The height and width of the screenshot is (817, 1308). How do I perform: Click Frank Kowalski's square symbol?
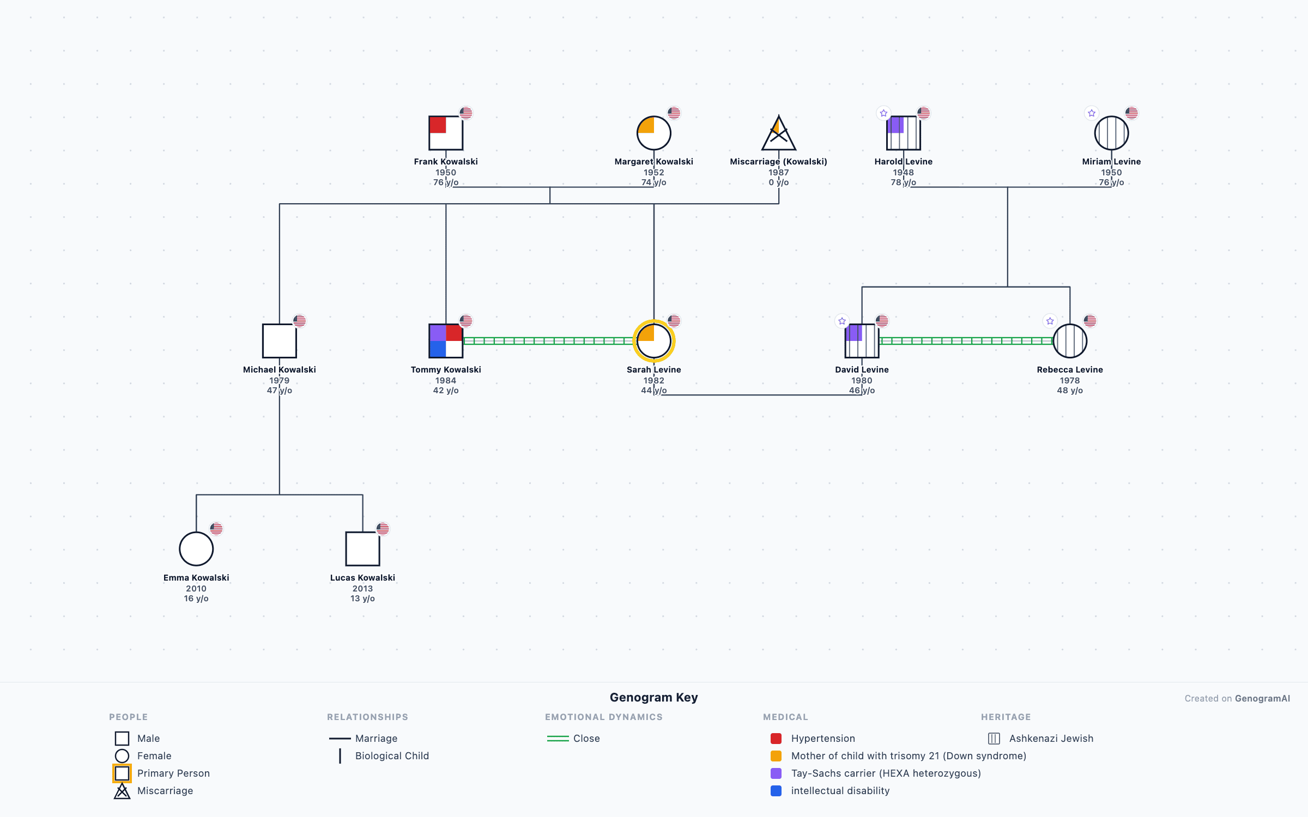click(x=446, y=133)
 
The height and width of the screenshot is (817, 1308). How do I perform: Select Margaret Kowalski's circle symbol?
click(x=653, y=133)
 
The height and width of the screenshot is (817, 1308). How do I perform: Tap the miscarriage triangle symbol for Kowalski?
click(x=778, y=135)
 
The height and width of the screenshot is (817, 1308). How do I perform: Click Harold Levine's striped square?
click(x=903, y=133)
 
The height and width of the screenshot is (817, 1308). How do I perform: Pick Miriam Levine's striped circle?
click(x=1111, y=133)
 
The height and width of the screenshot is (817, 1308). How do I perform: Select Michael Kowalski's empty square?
click(x=279, y=341)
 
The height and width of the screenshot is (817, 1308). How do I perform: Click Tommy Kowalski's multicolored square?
click(x=446, y=341)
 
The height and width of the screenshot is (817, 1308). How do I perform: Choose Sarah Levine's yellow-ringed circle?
click(x=653, y=341)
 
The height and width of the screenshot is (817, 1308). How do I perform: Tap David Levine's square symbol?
click(x=862, y=341)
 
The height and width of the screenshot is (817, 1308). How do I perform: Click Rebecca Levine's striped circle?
click(x=1070, y=341)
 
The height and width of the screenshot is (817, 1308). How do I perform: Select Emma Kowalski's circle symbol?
click(x=196, y=549)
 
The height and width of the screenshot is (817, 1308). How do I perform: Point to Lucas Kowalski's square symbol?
click(x=362, y=549)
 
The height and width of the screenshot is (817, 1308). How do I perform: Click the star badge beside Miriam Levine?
click(x=1092, y=113)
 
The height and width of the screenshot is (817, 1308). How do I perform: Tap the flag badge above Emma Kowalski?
click(x=216, y=528)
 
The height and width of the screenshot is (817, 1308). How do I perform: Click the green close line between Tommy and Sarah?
click(x=548, y=341)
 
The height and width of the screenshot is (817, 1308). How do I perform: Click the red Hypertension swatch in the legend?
click(x=776, y=739)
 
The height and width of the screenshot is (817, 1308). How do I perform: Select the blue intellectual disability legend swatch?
click(x=776, y=791)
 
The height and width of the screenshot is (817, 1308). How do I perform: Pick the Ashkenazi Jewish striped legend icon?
click(x=994, y=739)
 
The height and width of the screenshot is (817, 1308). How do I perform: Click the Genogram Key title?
click(x=653, y=697)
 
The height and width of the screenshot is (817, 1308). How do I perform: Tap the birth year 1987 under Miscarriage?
click(x=778, y=172)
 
